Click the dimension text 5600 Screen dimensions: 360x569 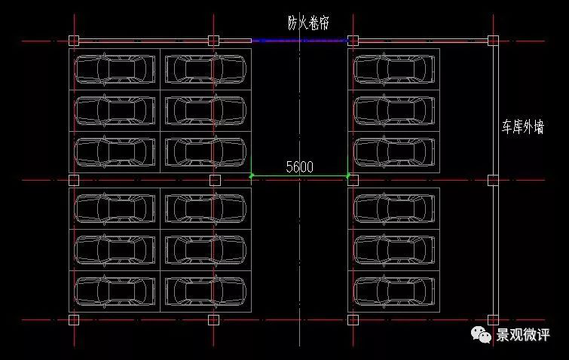(x=299, y=167)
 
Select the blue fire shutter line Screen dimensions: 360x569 (x=299, y=41)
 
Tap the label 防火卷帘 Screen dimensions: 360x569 (x=308, y=23)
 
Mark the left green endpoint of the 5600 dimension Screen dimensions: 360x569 (x=252, y=176)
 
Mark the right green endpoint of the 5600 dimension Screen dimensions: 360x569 (x=348, y=176)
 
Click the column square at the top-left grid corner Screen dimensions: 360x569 (x=73, y=41)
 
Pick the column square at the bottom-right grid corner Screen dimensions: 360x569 (x=493, y=319)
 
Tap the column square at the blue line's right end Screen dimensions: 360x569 (x=352, y=41)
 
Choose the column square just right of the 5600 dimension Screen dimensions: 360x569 (x=353, y=180)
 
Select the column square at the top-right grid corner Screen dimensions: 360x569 (x=493, y=41)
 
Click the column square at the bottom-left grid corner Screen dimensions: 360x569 (x=73, y=319)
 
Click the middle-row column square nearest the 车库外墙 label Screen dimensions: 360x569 (x=493, y=180)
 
